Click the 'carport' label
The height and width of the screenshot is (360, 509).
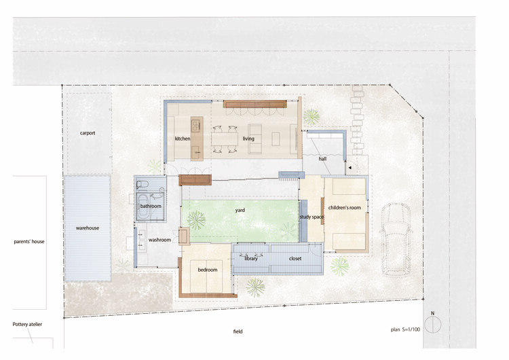pyautogui.click(x=88, y=133)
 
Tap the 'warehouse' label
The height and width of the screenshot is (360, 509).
pyautogui.click(x=88, y=228)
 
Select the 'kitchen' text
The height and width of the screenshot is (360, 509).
pyautogui.click(x=183, y=139)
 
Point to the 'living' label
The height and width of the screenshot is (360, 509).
pyautogui.click(x=248, y=139)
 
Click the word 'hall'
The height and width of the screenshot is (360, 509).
pyautogui.click(x=322, y=159)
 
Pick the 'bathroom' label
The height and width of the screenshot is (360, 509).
pyautogui.click(x=151, y=206)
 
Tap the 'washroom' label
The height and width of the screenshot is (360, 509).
pyautogui.click(x=159, y=240)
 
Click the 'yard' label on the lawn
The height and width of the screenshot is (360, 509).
pyautogui.click(x=240, y=210)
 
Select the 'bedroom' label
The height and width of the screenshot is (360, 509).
pyautogui.click(x=208, y=270)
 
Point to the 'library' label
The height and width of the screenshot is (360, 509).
pyautogui.click(x=250, y=259)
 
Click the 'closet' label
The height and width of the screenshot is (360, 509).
pyautogui.click(x=295, y=259)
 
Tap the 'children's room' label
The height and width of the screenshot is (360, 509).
pyautogui.click(x=344, y=208)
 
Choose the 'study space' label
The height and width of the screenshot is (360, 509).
pyautogui.click(x=312, y=217)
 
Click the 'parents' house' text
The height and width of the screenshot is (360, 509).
pyautogui.click(x=29, y=242)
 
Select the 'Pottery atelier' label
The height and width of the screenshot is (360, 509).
pyautogui.click(x=27, y=324)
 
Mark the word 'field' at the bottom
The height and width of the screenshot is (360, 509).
pyautogui.click(x=238, y=331)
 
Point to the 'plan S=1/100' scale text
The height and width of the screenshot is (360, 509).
pyautogui.click(x=405, y=329)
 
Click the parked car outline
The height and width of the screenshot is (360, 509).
pyautogui.click(x=396, y=240)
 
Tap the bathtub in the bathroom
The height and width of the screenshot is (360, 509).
pyautogui.click(x=143, y=206)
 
